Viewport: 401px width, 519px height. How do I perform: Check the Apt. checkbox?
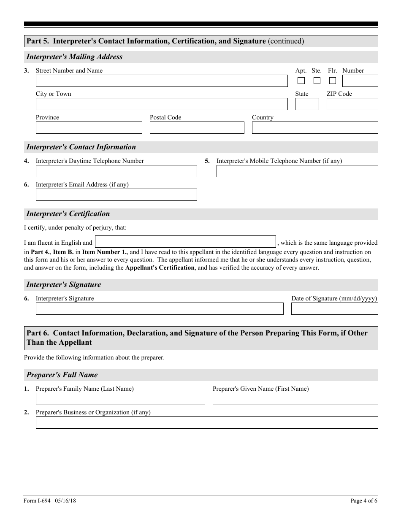point(301,81)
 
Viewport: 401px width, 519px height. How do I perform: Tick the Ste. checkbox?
point(317,81)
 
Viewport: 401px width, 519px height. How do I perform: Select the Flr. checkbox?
point(333,81)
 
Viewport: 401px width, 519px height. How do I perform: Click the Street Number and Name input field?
point(162,81)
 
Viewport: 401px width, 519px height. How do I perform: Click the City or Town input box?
point(162,104)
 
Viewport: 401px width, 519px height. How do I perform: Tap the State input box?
point(307,104)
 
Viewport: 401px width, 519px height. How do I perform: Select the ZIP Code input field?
point(352,104)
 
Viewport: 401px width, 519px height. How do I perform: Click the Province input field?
point(89,128)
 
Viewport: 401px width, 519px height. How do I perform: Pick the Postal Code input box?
point(197,128)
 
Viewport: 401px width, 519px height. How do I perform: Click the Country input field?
point(315,128)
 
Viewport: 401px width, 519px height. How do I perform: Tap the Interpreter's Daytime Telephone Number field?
point(117,171)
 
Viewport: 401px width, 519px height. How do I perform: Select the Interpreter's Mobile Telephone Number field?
point(297,171)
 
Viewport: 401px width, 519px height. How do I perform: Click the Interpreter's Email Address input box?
point(117,195)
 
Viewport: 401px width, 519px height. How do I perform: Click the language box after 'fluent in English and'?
point(185,242)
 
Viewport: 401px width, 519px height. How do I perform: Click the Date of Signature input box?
point(334,309)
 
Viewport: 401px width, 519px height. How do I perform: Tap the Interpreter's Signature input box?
point(160,309)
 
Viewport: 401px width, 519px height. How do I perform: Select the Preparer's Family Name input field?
point(120,399)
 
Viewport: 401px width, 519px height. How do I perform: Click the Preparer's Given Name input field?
point(295,399)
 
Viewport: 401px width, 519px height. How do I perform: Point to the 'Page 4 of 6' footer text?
point(364,501)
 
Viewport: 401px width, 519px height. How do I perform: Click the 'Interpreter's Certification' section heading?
point(68,214)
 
